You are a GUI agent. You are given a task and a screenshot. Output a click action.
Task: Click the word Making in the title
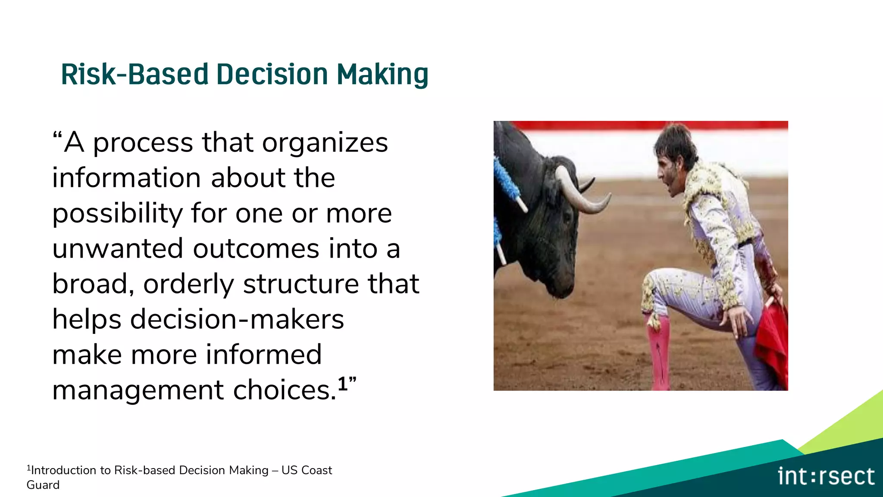382,75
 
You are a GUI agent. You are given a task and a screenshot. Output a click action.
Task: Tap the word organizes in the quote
325,143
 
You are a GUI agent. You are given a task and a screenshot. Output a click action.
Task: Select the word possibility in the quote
117,214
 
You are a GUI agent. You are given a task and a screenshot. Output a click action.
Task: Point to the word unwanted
117,249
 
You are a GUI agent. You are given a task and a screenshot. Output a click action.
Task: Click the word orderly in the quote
188,284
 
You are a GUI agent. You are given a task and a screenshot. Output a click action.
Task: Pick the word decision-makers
237,320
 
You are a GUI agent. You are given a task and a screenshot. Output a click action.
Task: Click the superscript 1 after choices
342,384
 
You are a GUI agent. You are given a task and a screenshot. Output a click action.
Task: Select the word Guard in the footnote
43,485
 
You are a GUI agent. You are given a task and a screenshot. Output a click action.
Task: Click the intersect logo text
826,476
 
